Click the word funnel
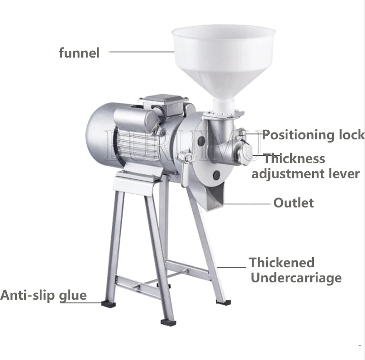tap(79, 53)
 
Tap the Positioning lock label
tap(313, 135)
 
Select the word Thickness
tap(295, 159)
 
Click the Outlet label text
tap(294, 202)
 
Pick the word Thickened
tap(282, 263)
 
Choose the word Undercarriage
tap(296, 278)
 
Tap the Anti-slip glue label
tap(43, 295)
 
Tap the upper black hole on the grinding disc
tap(201, 142)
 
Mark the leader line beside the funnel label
tap(141, 52)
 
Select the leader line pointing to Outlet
tap(246, 203)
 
